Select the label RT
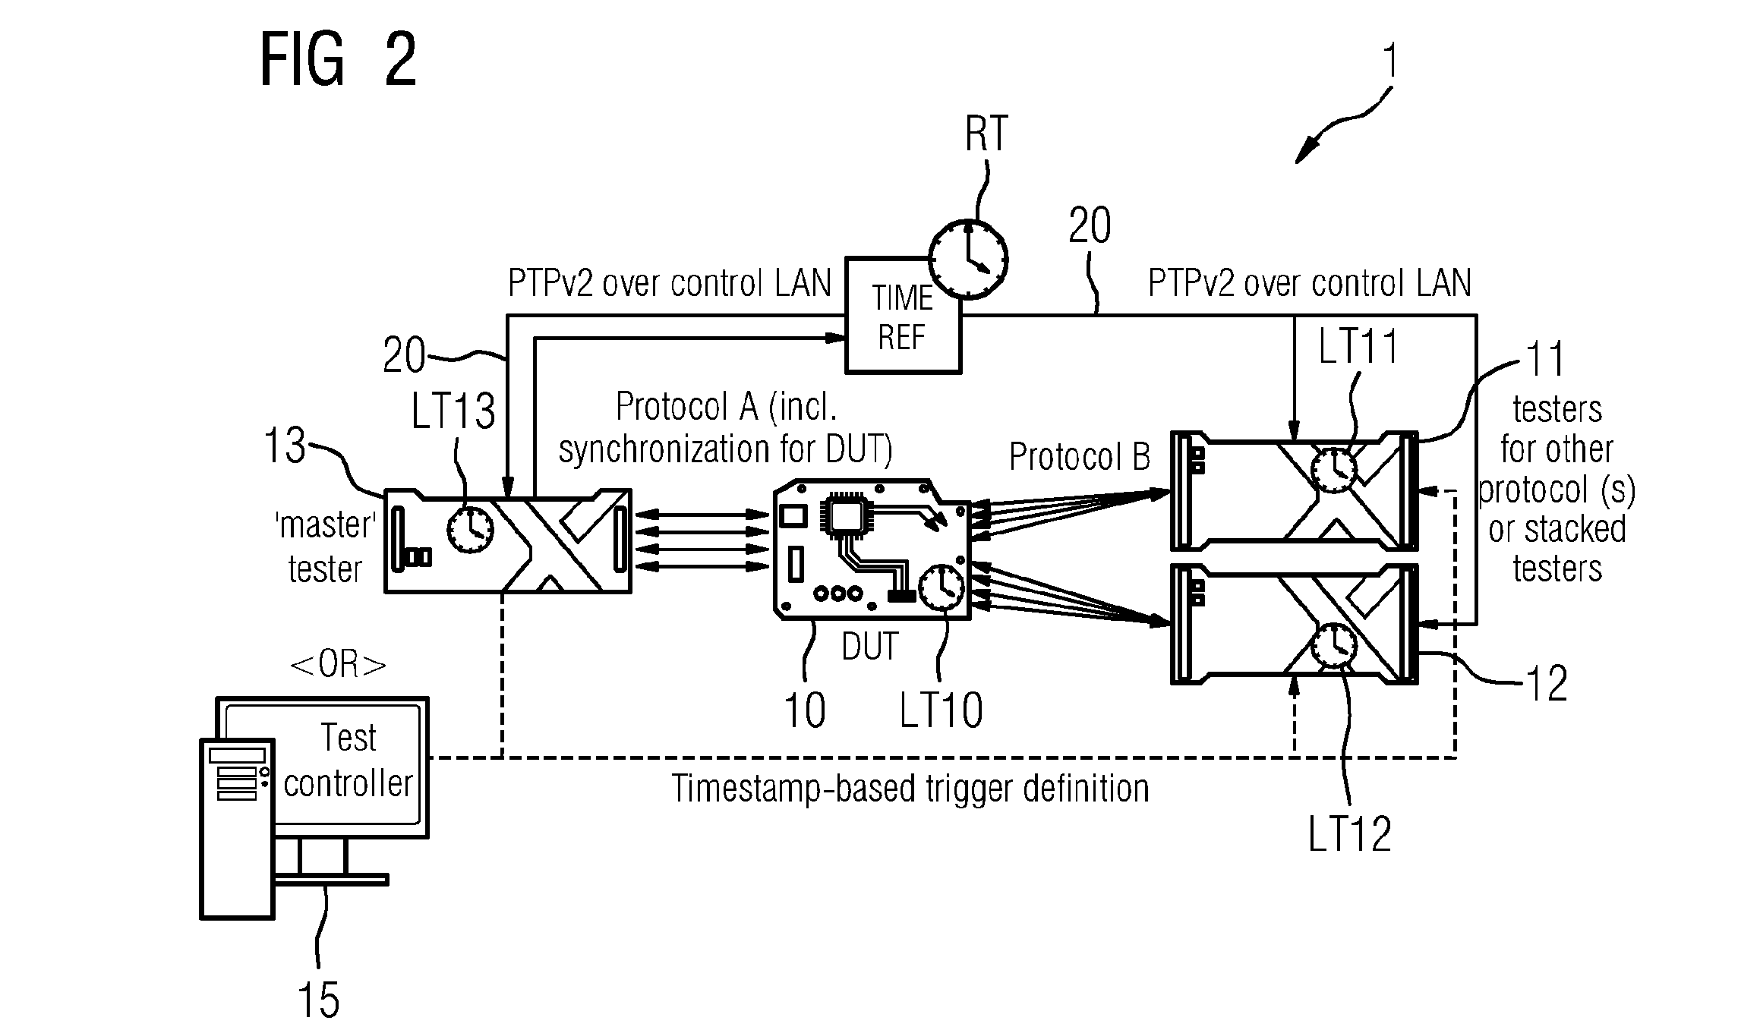click(x=986, y=134)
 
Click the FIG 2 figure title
click(x=339, y=61)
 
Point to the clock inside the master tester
click(x=470, y=528)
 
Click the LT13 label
click(x=453, y=412)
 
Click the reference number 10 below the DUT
click(x=804, y=710)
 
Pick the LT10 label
click(x=942, y=710)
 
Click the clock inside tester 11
click(x=1335, y=470)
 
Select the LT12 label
click(x=1350, y=834)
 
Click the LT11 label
click(x=1359, y=348)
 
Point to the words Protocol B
click(x=1079, y=456)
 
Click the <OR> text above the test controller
click(x=339, y=665)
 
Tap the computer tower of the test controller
click(x=237, y=829)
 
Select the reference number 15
click(x=318, y=999)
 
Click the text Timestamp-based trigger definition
click(x=910, y=789)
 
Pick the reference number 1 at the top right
click(x=1389, y=61)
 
